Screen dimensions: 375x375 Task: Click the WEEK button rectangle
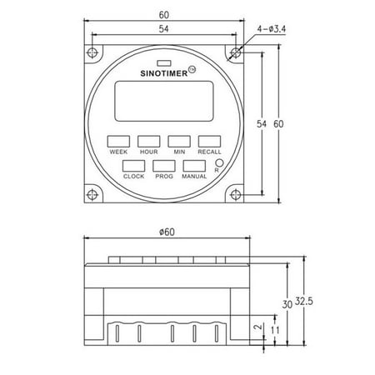pyautogui.click(x=117, y=140)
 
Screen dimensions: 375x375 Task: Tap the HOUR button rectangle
pyautogui.click(x=148, y=140)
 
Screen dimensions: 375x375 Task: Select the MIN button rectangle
pyautogui.click(x=178, y=140)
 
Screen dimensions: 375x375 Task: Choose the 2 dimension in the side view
pyautogui.click(x=258, y=329)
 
